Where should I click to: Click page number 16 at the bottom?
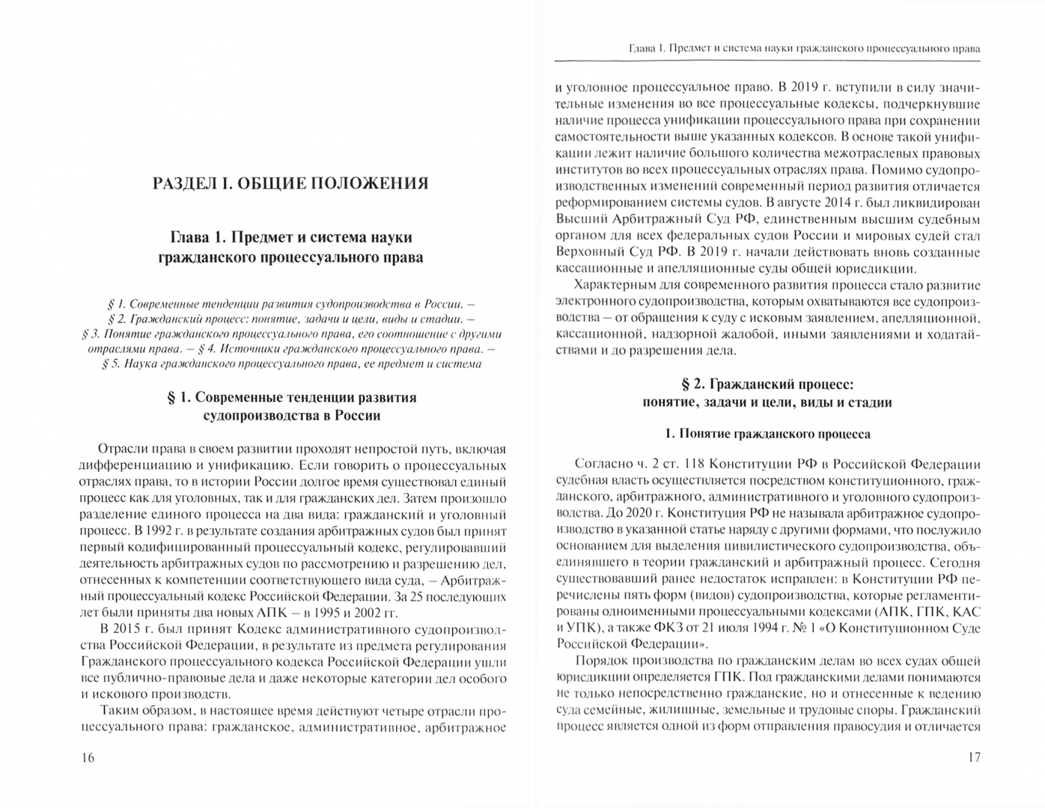(88, 757)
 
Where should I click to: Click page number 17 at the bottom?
(972, 757)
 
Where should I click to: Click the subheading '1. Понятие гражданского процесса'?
(767, 434)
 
